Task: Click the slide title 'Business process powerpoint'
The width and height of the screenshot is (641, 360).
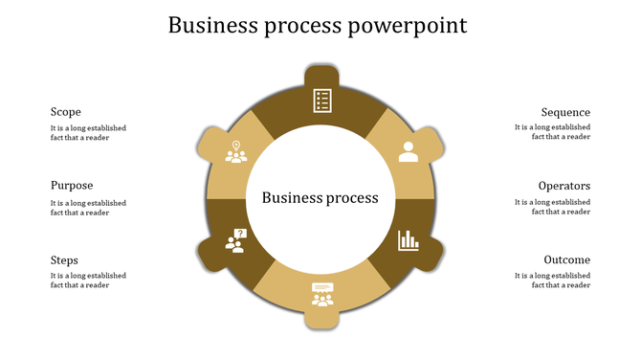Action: pos(318,26)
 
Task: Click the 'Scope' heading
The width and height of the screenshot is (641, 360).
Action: pos(66,112)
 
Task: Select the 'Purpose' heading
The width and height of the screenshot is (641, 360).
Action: pos(72,186)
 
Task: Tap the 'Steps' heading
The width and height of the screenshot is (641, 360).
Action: pos(64,260)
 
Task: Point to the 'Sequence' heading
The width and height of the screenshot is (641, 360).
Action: pos(565,112)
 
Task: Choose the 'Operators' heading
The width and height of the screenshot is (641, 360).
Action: pos(564,186)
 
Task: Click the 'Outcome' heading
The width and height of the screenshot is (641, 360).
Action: pos(566,260)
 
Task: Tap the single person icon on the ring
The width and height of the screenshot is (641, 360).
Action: pos(409,151)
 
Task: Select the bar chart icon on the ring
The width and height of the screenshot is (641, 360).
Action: pos(409,239)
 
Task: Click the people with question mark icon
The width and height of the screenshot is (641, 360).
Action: pos(235,240)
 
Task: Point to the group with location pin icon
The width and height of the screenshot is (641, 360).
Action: pos(235,151)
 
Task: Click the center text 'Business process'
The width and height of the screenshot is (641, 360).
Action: pos(320,198)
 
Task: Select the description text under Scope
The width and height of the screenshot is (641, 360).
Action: pos(88,132)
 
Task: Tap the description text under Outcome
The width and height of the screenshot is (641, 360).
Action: pos(552,281)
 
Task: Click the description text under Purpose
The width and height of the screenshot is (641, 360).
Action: pos(88,208)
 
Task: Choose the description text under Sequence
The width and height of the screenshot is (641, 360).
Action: pos(552,132)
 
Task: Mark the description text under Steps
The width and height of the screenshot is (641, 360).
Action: pos(88,281)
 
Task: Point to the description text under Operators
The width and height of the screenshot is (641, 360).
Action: pos(552,208)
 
